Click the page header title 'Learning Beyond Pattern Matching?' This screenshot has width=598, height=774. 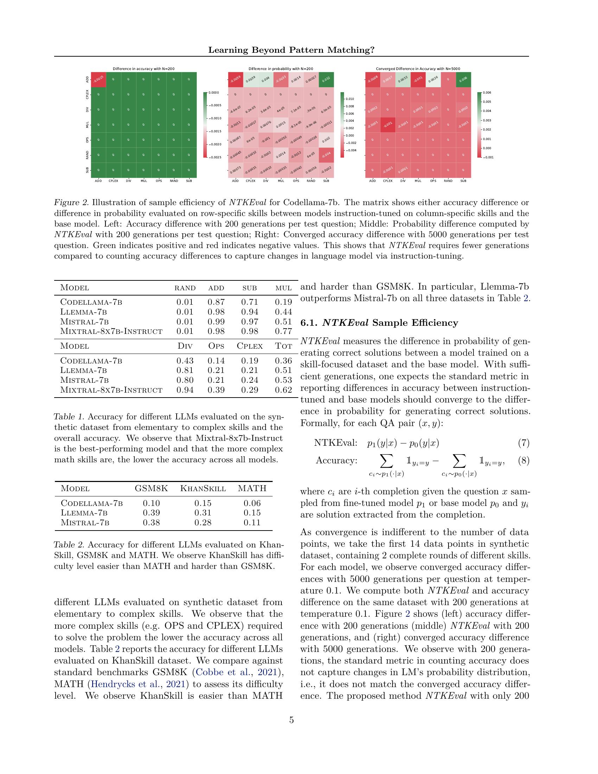[291, 50]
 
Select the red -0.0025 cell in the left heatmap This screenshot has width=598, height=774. [98, 80]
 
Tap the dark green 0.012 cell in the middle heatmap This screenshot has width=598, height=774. [326, 80]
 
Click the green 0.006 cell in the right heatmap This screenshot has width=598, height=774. [463, 80]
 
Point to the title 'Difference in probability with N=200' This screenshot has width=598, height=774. [281, 69]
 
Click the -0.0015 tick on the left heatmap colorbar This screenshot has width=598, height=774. [214, 132]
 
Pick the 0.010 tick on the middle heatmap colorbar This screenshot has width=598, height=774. [349, 99]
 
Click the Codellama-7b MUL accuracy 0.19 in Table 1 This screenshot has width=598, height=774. [284, 302]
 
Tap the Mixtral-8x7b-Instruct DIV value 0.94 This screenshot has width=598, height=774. [185, 390]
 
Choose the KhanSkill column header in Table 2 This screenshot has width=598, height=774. [203, 488]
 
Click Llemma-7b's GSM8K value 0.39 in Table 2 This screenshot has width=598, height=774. [151, 513]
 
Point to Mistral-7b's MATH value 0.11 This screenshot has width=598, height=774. [252, 522]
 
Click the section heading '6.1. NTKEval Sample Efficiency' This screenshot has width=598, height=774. [379, 323]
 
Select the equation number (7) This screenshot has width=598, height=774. [523, 443]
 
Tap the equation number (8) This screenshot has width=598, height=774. [523, 461]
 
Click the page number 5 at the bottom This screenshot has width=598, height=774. [291, 720]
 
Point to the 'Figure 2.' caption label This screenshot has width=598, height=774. [70, 203]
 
